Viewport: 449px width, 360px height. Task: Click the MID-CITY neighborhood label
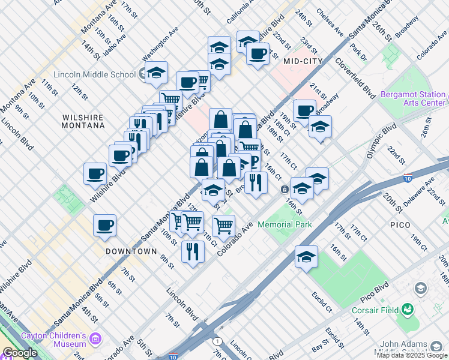pyautogui.click(x=303, y=61)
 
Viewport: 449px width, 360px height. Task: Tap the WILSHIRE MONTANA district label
pyautogui.click(x=83, y=121)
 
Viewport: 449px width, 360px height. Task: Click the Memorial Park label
pyautogui.click(x=285, y=225)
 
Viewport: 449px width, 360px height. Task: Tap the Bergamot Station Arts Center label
pyautogui.click(x=413, y=99)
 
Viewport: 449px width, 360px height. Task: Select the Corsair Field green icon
pyautogui.click(x=409, y=309)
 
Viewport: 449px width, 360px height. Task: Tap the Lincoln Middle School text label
pyautogui.click(x=94, y=75)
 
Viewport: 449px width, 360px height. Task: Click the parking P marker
pyautogui.click(x=253, y=161)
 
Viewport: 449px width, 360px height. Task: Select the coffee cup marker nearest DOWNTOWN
pyautogui.click(x=104, y=226)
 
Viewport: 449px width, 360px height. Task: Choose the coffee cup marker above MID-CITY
pyautogui.click(x=258, y=53)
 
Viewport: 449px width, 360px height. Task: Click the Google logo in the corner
pyautogui.click(x=20, y=353)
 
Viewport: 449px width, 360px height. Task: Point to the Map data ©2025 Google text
pyautogui.click(x=412, y=355)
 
